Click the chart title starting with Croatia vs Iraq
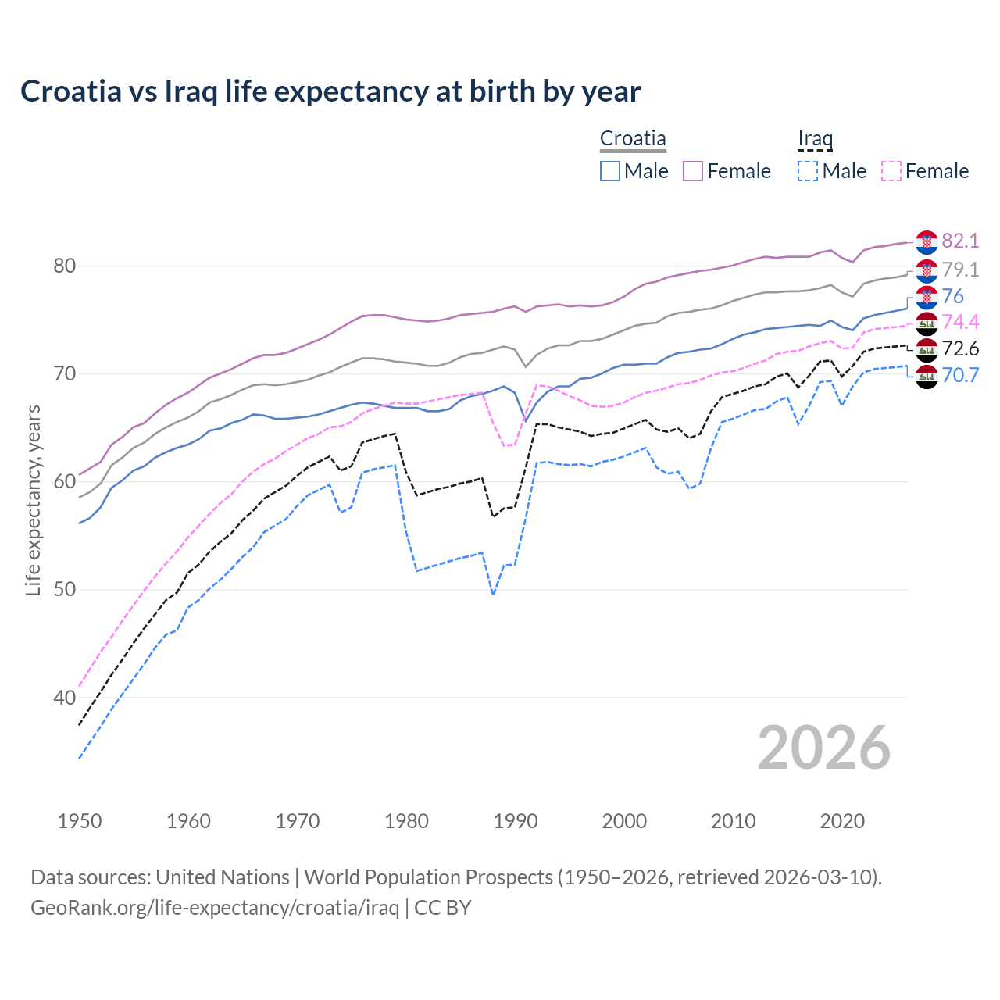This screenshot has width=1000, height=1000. (x=330, y=91)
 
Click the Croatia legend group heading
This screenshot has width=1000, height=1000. (x=633, y=139)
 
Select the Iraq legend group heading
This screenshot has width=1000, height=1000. (x=815, y=139)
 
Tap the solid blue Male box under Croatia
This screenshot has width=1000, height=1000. (x=610, y=171)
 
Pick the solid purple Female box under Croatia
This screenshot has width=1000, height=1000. (x=693, y=171)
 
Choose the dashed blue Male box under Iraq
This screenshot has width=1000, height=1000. (x=808, y=171)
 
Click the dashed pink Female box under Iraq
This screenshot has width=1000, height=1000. (x=891, y=171)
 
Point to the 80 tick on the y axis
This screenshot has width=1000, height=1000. (x=64, y=266)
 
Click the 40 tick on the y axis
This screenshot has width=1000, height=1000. (x=64, y=698)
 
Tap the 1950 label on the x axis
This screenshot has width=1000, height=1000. (x=80, y=821)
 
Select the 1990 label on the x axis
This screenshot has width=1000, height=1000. (x=516, y=821)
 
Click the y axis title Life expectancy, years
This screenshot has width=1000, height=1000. (x=33, y=500)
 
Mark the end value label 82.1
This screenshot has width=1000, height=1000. (x=960, y=241)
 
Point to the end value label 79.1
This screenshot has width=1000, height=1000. (x=960, y=270)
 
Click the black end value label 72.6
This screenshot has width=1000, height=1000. (x=960, y=348)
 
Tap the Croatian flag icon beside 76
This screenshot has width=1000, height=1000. (x=927, y=297)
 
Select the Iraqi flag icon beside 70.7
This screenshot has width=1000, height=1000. (x=927, y=376)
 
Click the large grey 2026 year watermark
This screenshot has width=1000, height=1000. (x=824, y=748)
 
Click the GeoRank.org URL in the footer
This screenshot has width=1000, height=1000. (x=215, y=908)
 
